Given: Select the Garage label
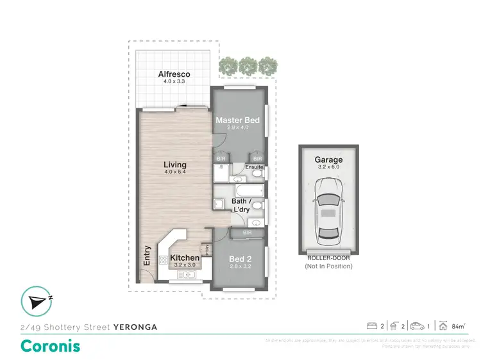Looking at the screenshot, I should click(328, 160).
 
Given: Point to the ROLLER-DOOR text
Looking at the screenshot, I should click(328, 259).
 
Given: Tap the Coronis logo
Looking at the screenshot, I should click(51, 346).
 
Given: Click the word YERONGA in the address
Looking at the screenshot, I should click(135, 326).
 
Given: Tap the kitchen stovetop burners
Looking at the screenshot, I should click(164, 260).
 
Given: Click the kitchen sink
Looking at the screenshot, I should click(185, 275).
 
